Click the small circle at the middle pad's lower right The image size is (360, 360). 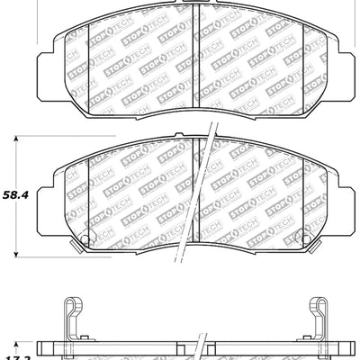click(305, 239)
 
